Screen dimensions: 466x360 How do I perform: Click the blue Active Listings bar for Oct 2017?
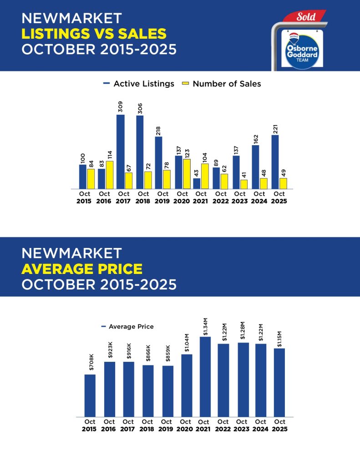pos(121,152)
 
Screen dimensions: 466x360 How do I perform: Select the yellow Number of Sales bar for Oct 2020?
pos(187,174)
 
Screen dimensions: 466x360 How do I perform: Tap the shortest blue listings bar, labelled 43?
pos(197,183)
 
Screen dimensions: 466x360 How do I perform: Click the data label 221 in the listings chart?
pos(275,127)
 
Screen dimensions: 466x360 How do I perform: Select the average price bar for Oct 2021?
pos(205,376)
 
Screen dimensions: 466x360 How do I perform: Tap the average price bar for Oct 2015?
pos(90,395)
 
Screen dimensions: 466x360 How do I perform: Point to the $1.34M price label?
pos(205,326)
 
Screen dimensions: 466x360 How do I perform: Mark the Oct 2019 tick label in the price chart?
pos(166,425)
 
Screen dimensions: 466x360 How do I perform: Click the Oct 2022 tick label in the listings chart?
pos(221,197)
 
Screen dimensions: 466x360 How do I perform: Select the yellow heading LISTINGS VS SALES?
pos(94,33)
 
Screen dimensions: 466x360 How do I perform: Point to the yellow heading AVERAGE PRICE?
pos(82,268)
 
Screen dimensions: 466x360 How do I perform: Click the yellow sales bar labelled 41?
pos(244,184)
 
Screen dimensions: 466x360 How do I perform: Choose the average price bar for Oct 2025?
pos(279,382)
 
